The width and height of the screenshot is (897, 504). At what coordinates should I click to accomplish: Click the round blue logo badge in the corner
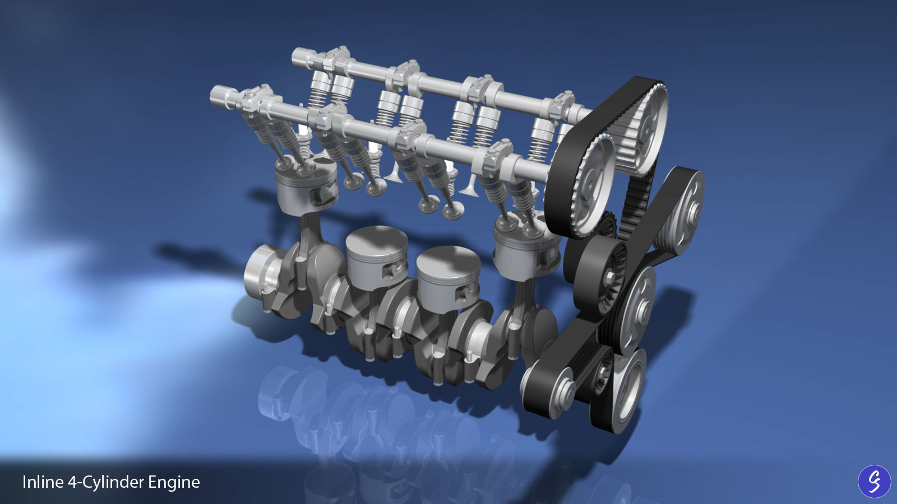(874, 482)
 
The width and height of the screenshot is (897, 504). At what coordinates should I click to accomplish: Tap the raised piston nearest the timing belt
(526, 246)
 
